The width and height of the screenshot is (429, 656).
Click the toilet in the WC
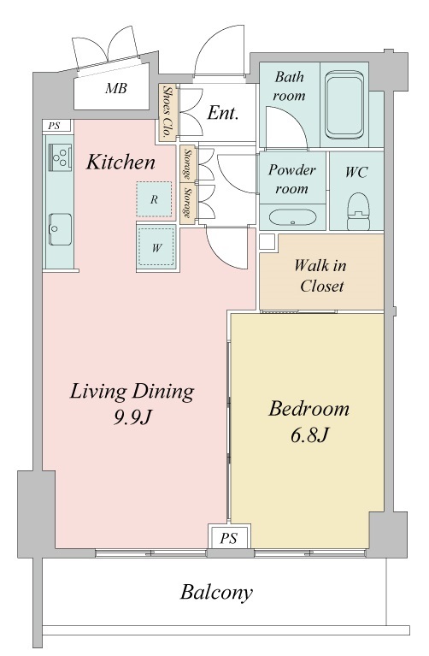click(x=358, y=210)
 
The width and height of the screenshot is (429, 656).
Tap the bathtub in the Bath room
click(x=344, y=105)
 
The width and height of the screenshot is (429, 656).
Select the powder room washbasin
click(x=292, y=217)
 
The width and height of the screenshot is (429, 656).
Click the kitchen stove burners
click(x=60, y=157)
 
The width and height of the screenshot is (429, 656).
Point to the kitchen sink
click(x=60, y=229)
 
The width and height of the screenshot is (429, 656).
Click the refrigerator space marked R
click(x=154, y=199)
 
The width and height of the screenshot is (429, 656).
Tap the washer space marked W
click(x=156, y=248)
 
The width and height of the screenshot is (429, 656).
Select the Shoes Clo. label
click(x=167, y=112)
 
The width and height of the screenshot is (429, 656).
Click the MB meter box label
click(x=116, y=88)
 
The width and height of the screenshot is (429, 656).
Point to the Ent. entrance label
click(x=223, y=113)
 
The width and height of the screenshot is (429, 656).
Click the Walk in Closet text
click(x=320, y=275)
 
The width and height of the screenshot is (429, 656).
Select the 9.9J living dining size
click(x=132, y=417)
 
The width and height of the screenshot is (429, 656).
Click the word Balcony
click(x=216, y=593)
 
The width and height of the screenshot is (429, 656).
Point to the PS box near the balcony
click(x=229, y=538)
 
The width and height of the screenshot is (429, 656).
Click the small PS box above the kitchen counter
click(x=55, y=126)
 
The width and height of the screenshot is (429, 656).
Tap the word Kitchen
click(x=120, y=163)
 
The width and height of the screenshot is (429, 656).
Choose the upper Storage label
click(x=187, y=163)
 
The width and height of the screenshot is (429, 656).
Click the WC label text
click(x=356, y=172)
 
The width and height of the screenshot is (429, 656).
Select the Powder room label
click(x=292, y=179)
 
